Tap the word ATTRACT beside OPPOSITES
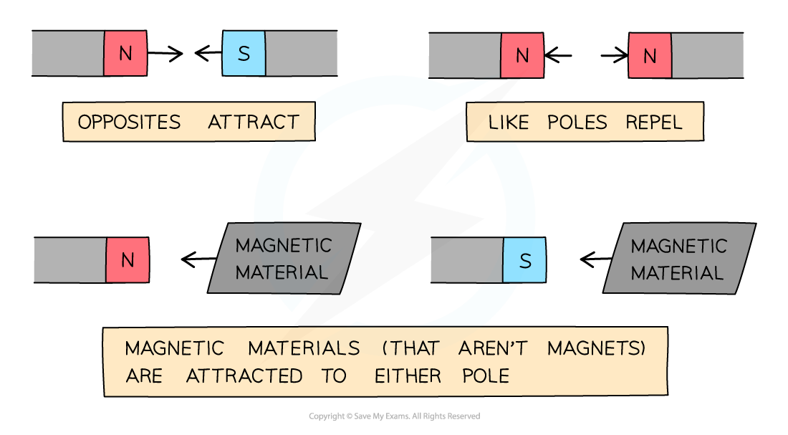pyautogui.click(x=254, y=123)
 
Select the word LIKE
pyautogui.click(x=508, y=123)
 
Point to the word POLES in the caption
pyautogui.click(x=577, y=123)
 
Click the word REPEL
pyautogui.click(x=654, y=123)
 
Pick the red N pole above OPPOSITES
pyautogui.click(x=125, y=54)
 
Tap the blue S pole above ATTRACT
pyautogui.click(x=244, y=54)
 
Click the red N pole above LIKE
pyautogui.click(x=522, y=56)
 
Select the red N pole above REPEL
pyautogui.click(x=650, y=56)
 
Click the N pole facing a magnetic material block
pyautogui.click(x=128, y=260)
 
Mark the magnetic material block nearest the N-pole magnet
pyautogui.click(x=284, y=259)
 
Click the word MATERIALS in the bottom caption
pyautogui.click(x=304, y=349)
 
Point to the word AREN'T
pyautogui.click(x=492, y=349)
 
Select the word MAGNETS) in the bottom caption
pyautogui.click(x=597, y=349)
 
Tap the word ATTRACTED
pyautogui.click(x=244, y=376)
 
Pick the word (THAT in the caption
pyautogui.click(x=410, y=349)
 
